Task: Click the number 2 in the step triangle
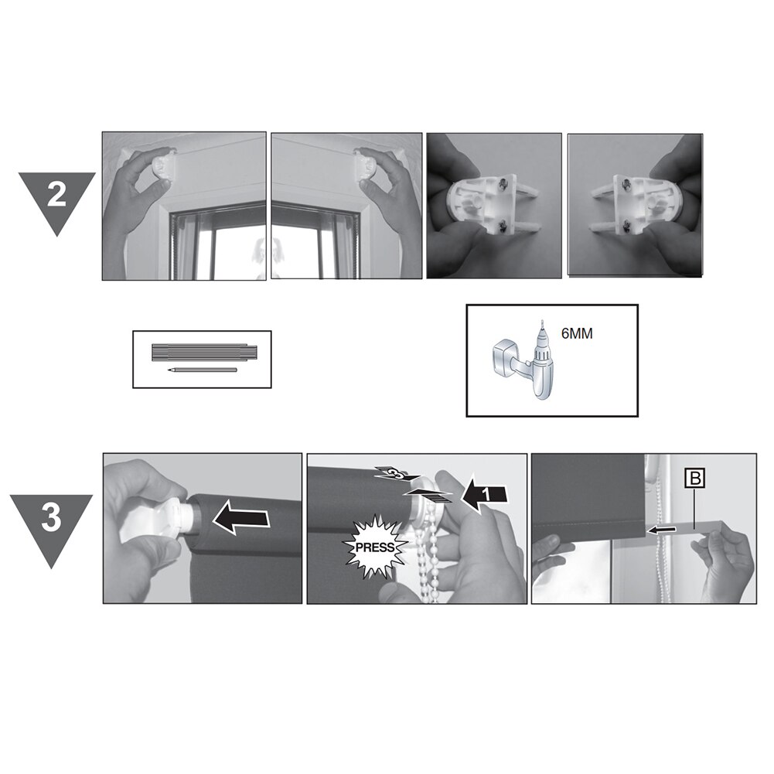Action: (x=56, y=196)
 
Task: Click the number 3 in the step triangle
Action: (x=51, y=518)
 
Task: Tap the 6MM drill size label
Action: (x=577, y=334)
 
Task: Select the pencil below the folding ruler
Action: (x=203, y=370)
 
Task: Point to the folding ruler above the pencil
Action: (x=204, y=353)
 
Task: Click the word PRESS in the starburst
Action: (x=375, y=547)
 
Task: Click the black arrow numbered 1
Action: (x=486, y=495)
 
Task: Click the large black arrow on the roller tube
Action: (x=241, y=519)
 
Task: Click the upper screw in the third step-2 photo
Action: (x=503, y=183)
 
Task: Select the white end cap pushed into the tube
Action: (x=155, y=522)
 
